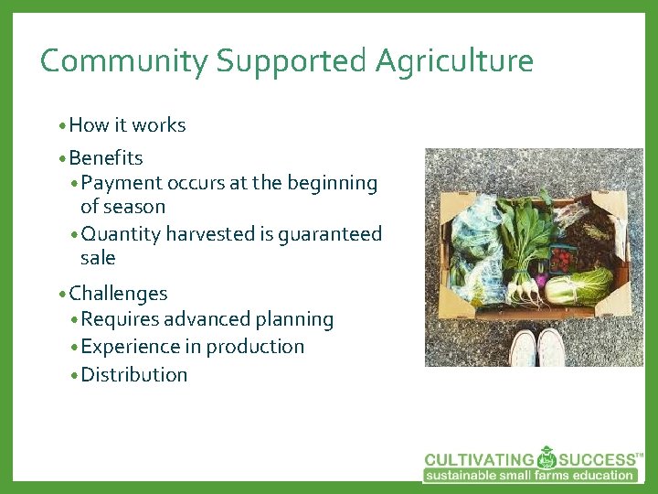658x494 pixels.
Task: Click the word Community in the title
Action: point(124,61)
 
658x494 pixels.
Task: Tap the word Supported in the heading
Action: point(292,61)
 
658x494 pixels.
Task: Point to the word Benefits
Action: point(106,158)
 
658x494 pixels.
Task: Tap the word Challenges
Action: point(118,294)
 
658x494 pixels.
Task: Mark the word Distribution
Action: point(134,374)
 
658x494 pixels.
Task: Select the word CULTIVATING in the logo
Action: point(478,459)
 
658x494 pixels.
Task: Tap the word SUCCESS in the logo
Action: point(597,459)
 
